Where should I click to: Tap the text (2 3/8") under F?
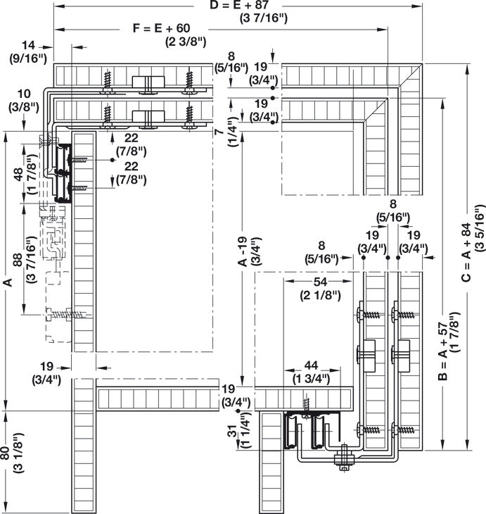click(x=186, y=41)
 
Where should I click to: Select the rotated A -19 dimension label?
click(x=241, y=253)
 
